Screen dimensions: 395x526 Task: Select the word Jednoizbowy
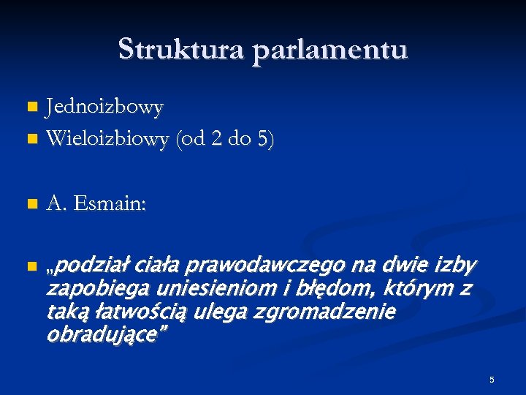pos(104,108)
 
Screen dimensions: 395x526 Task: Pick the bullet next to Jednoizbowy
pos(31,108)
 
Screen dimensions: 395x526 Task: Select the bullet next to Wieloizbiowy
pos(31,138)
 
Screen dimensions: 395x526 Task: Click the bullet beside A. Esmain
pos(31,204)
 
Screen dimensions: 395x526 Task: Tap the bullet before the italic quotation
pos(31,265)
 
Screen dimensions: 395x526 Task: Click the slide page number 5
pos(492,380)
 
